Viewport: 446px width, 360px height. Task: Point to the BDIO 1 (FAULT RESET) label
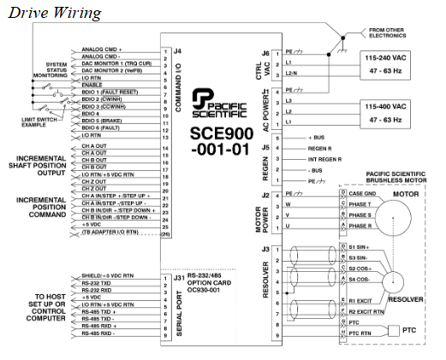pos(112,91)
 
